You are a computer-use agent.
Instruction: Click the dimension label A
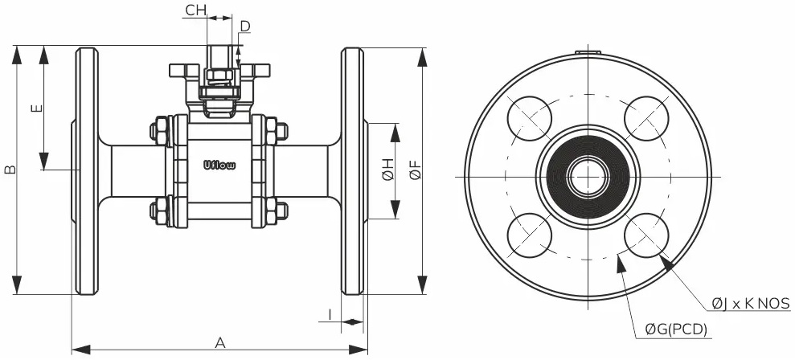[219, 343]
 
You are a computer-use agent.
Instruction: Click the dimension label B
[10, 170]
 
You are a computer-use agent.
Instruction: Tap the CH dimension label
[195, 10]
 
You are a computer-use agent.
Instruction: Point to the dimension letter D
[245, 27]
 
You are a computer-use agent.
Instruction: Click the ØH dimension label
[387, 170]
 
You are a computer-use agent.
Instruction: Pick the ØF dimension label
[415, 170]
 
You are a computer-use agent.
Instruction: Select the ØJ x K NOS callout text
[751, 303]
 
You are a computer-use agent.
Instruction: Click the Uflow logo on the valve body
[219, 166]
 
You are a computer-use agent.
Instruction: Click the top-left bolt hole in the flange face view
[530, 118]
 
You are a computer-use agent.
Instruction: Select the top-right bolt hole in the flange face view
[647, 118]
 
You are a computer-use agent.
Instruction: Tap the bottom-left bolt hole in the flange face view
[530, 235]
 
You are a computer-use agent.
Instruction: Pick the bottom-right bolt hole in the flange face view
[647, 235]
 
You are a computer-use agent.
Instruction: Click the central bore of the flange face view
[588, 176]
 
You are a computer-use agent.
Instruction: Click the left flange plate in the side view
[87, 170]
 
